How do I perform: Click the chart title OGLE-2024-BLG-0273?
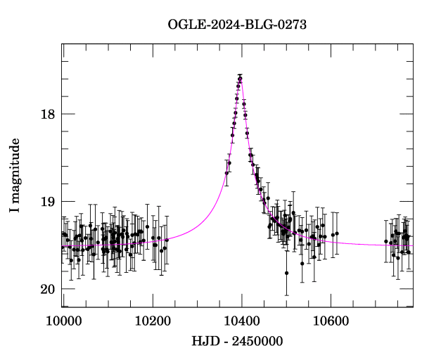(x=237, y=25)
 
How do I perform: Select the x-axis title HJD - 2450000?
(x=237, y=341)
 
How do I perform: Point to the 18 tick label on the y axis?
(x=48, y=114)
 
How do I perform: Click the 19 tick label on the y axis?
(x=48, y=202)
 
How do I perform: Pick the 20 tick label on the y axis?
(x=48, y=289)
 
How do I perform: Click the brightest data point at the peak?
(x=240, y=77)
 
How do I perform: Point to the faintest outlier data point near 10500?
(x=286, y=273)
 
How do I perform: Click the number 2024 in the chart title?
(x=222, y=25)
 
